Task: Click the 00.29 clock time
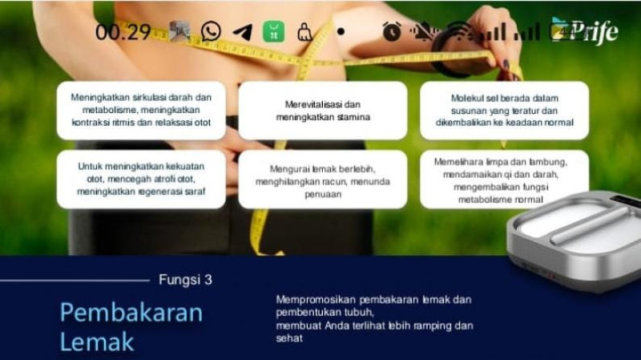click(123, 32)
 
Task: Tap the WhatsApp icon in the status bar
click(211, 32)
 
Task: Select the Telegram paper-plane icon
click(242, 32)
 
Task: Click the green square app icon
click(273, 32)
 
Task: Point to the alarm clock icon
click(391, 32)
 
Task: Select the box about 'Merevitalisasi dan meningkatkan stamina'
click(323, 111)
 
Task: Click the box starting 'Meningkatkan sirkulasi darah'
click(141, 111)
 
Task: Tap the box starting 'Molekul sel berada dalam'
click(504, 111)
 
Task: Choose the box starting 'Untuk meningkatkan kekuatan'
click(141, 180)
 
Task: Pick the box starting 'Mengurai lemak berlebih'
click(323, 180)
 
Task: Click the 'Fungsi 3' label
click(185, 280)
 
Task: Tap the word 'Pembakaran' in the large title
click(131, 312)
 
